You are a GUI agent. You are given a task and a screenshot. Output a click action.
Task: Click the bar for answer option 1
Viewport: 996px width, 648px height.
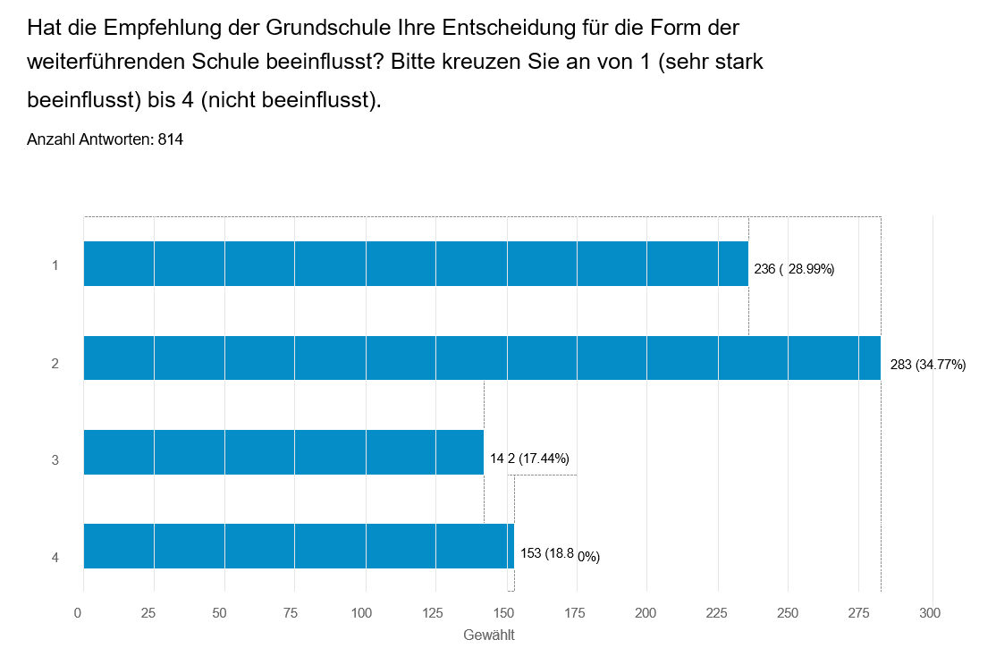point(416,264)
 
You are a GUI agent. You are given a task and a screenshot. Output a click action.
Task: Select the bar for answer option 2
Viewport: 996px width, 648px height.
point(482,358)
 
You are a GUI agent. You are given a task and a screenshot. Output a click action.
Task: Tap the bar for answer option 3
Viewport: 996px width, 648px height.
point(283,452)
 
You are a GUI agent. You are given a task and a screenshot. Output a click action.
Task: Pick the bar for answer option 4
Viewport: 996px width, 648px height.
point(299,546)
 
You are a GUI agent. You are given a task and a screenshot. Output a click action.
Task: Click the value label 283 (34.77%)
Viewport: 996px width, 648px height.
point(928,364)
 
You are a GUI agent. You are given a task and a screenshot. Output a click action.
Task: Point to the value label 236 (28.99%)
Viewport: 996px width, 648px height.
point(794,269)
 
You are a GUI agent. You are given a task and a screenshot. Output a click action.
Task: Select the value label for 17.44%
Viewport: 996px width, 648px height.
point(529,459)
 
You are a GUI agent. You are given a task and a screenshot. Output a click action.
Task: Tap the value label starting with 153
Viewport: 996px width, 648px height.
point(560,555)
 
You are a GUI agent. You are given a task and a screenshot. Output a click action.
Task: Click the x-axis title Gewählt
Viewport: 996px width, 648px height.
point(489,635)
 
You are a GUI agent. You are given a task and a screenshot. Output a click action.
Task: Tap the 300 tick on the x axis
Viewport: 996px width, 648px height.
point(931,613)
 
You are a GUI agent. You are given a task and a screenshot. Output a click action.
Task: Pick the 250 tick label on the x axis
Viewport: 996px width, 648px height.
point(788,613)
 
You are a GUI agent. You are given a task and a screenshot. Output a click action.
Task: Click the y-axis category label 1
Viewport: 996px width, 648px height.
point(55,265)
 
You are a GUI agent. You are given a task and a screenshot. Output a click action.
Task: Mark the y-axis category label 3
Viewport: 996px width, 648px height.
point(55,460)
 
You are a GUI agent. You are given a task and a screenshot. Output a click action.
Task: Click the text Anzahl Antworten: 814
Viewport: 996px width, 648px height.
point(106,139)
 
